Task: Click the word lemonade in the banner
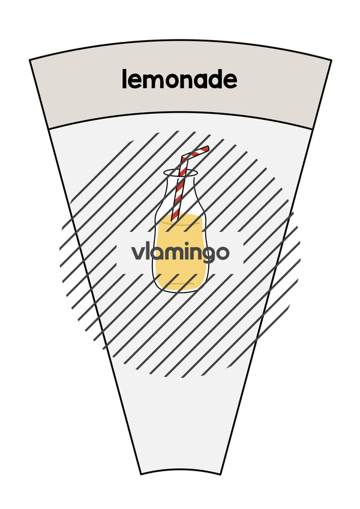pos(179,80)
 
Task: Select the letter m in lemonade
pos(156,82)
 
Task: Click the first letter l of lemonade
pos(124,79)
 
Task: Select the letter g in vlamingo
pos(206,256)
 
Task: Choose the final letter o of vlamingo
pos(223,254)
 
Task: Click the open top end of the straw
pos(206,149)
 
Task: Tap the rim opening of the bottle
pos(181,173)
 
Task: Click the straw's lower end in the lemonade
pos(174,219)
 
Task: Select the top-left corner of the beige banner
pos(30,60)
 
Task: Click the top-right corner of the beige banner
pos(331,60)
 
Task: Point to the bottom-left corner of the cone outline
pos(141,474)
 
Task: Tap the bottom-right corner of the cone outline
pos(221,474)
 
